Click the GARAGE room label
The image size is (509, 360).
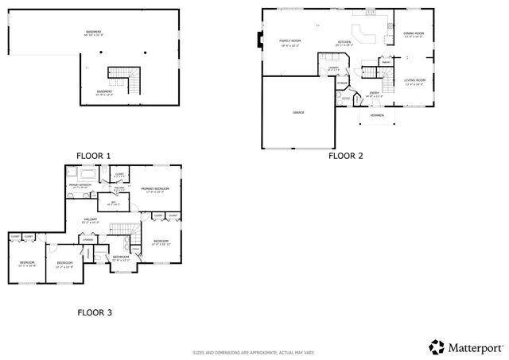pyautogui.click(x=298, y=113)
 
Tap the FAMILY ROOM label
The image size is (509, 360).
pyautogui.click(x=289, y=41)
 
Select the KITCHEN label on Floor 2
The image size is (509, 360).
pyautogui.click(x=344, y=42)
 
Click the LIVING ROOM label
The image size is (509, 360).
pyautogui.click(x=414, y=81)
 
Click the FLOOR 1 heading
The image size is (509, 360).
pyautogui.click(x=94, y=156)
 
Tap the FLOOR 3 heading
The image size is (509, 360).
pyautogui.click(x=94, y=312)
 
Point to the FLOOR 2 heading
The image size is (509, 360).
pyautogui.click(x=345, y=156)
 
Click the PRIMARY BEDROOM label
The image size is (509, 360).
pyautogui.click(x=157, y=189)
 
